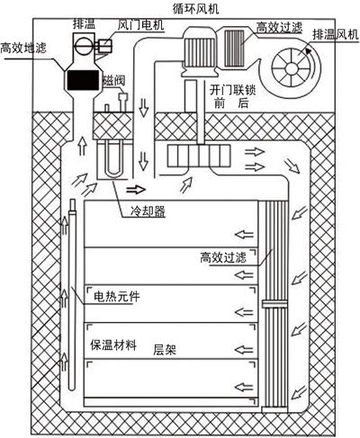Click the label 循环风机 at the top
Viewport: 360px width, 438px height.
pos(195,9)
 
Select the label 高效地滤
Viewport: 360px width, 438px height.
pos(23,48)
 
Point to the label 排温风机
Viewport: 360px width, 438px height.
pos(336,35)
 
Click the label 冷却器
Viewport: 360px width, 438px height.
pos(148,211)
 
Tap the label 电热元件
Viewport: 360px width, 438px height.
pos(117,297)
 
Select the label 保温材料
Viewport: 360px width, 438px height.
pos(113,345)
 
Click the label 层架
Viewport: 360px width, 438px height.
pos(165,350)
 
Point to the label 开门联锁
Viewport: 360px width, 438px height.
pos(232,90)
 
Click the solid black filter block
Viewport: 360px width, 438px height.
pos(83,80)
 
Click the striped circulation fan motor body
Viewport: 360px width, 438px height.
pos(199,49)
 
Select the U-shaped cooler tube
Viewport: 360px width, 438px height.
pos(113,159)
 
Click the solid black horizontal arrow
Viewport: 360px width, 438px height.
pos(136,190)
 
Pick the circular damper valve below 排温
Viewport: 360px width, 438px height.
pos(82,46)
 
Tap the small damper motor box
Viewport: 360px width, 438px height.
pos(103,45)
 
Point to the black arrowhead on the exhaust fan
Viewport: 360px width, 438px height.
pos(309,51)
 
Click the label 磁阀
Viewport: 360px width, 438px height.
pos(113,81)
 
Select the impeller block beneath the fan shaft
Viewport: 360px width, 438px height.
pos(199,156)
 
